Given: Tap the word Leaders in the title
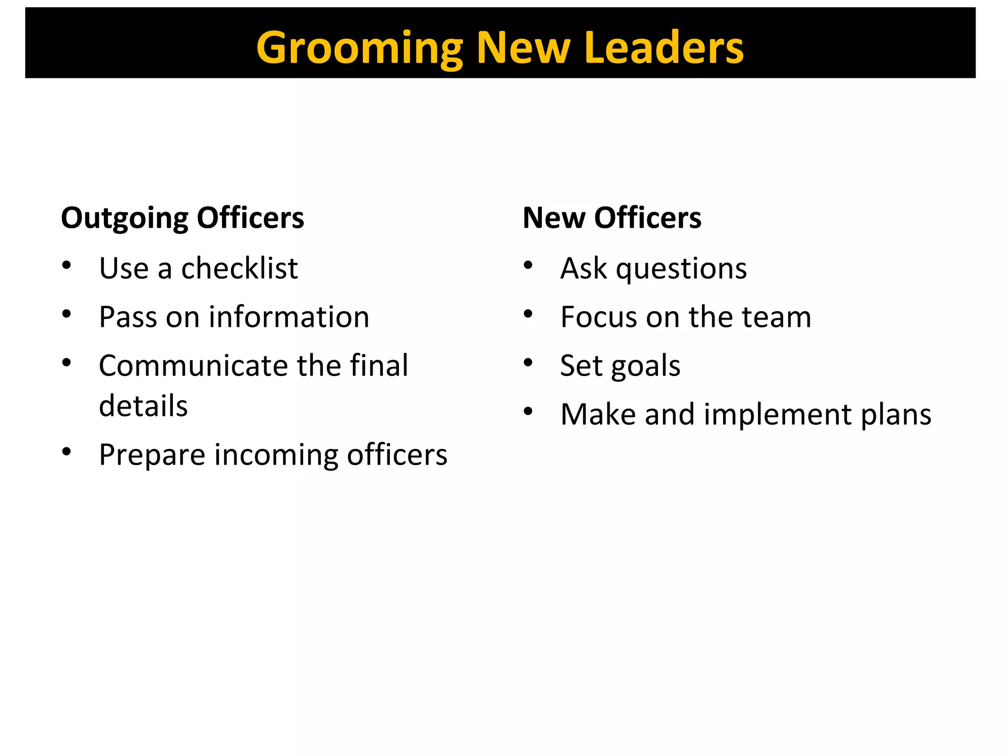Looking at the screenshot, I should (664, 48).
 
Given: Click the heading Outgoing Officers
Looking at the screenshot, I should (182, 218).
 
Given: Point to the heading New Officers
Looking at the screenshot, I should (612, 218).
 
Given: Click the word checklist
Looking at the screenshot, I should (239, 269).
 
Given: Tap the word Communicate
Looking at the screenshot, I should (193, 366).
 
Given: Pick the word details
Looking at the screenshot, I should (143, 406).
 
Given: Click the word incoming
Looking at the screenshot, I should (276, 455).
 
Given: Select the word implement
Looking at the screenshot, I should (778, 415).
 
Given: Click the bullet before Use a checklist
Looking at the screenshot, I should (67, 265).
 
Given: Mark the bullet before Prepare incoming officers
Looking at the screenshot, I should (67, 451).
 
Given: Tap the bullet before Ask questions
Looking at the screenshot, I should (528, 265).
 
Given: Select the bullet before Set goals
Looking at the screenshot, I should (528, 363).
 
